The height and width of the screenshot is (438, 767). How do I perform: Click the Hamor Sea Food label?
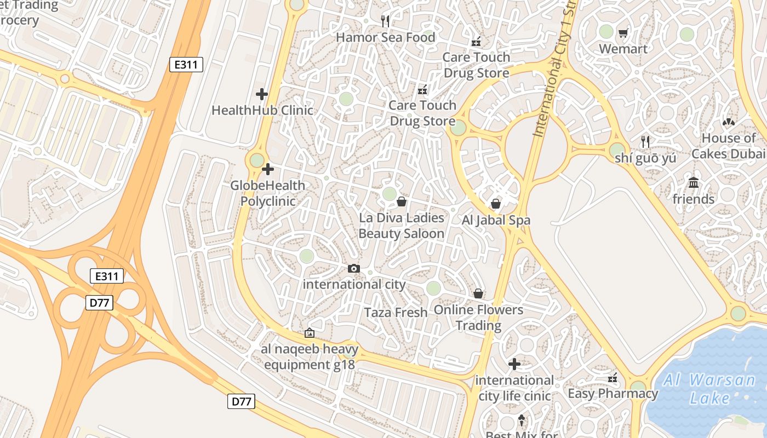point(385,37)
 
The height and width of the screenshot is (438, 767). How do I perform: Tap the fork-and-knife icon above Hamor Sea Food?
point(385,21)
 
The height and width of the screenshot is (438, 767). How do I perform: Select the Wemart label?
point(623,49)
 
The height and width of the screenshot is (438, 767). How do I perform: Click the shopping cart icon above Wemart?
point(623,33)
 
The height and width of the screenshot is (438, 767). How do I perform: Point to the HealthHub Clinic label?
point(262,110)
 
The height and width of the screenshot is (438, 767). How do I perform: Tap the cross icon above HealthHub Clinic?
point(262,94)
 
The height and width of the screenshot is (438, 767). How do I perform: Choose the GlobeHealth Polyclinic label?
point(268,193)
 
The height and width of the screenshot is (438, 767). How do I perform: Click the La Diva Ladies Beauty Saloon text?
point(402,226)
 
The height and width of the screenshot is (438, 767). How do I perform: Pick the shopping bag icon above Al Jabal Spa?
point(496,204)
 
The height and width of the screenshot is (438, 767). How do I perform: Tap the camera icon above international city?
point(354,268)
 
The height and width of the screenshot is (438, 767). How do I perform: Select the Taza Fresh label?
point(396,313)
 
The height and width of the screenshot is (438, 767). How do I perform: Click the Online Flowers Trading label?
point(478,318)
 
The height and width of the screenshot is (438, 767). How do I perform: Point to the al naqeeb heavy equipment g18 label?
point(310,357)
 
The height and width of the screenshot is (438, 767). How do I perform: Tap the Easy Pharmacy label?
point(613,394)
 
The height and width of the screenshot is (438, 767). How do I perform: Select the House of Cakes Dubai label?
point(728,146)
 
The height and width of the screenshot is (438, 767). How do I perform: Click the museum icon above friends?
point(694,183)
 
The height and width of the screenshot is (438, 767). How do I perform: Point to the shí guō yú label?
point(645,158)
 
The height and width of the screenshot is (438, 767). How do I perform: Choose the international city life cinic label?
point(514,388)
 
